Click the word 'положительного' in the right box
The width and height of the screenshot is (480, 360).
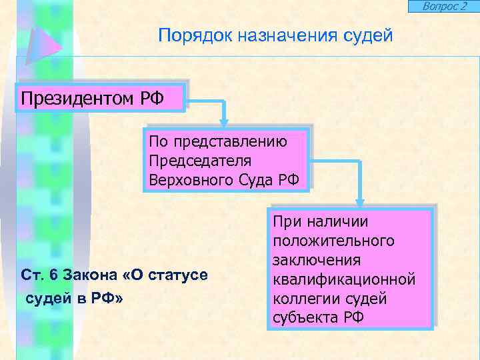pyautogui.click(x=333, y=240)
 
